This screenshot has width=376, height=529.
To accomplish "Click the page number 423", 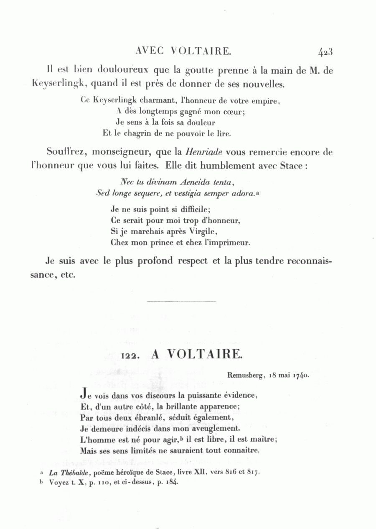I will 325,52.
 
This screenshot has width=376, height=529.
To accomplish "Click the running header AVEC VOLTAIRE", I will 184,51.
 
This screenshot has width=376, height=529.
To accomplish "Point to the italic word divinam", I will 154,182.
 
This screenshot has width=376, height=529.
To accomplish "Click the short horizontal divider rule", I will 182,301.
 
